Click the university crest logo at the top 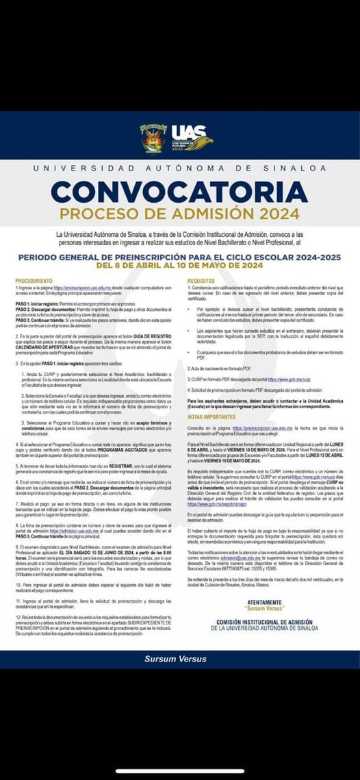click(x=151, y=137)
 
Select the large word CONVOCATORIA click(x=179, y=191)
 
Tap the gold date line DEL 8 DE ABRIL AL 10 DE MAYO click(x=180, y=265)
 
